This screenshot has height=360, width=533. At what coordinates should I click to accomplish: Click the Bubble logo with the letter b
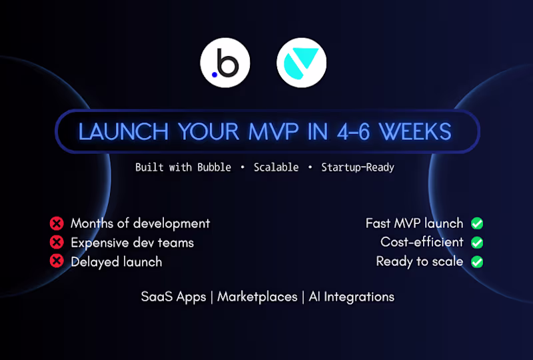click(x=225, y=63)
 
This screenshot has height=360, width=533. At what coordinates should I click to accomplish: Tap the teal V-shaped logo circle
click(x=301, y=63)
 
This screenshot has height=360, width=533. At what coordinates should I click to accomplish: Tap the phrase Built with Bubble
click(x=183, y=167)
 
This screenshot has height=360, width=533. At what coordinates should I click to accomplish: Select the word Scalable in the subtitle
click(x=276, y=167)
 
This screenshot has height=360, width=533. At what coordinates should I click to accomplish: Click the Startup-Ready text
click(x=358, y=167)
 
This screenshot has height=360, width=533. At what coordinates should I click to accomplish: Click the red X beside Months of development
click(x=57, y=223)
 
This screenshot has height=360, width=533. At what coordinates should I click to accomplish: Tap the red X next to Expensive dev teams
click(x=57, y=243)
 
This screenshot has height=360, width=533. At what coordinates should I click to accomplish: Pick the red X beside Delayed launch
click(x=57, y=262)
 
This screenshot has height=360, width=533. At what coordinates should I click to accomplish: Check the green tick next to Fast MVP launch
click(x=477, y=223)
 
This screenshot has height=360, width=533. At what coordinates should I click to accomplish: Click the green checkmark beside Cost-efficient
click(x=477, y=243)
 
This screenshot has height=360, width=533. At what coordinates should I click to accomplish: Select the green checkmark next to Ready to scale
click(x=477, y=262)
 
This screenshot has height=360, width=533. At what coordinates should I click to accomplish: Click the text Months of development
click(x=140, y=223)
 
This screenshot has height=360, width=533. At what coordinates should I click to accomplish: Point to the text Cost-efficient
click(x=422, y=242)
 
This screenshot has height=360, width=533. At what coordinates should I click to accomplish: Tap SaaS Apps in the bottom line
click(x=173, y=297)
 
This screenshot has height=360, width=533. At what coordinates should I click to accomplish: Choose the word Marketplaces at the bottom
click(x=257, y=297)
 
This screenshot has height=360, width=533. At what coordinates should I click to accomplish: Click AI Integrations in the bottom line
click(x=352, y=297)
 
